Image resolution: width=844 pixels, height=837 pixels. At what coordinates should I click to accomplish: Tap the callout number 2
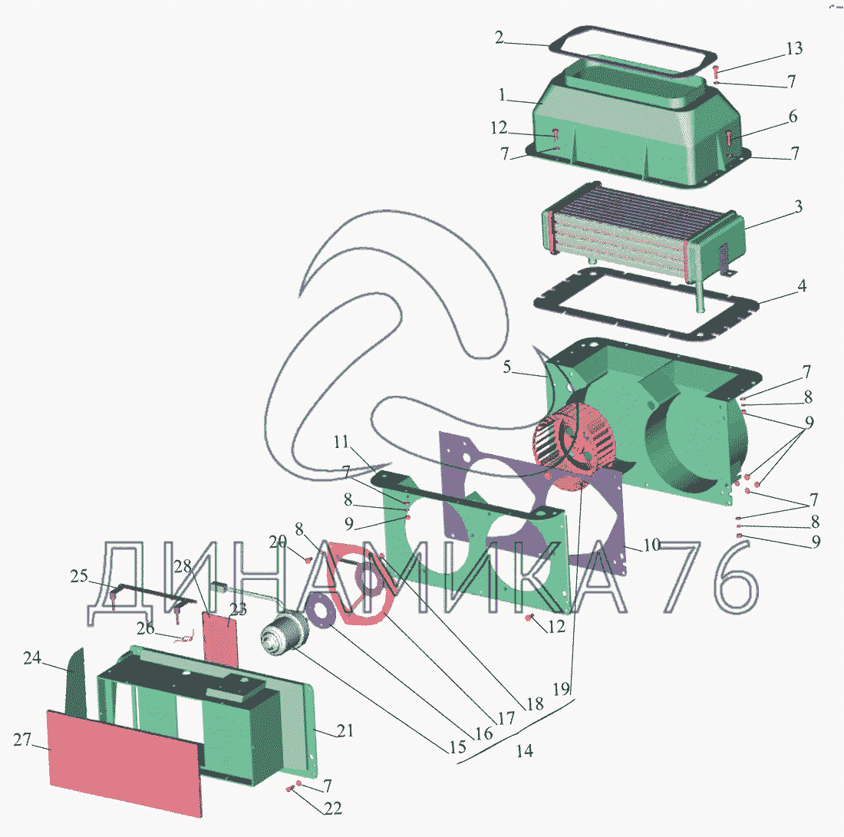tap(499, 38)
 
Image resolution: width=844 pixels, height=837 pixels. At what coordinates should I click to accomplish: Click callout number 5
tap(506, 367)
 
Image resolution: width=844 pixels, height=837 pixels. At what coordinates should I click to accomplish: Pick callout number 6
tap(793, 117)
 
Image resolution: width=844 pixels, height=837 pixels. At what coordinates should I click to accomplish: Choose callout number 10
tap(651, 545)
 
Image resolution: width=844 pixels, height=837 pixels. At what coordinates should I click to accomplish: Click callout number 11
tap(341, 442)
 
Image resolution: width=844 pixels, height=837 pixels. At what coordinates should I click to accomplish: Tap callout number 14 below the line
tap(524, 751)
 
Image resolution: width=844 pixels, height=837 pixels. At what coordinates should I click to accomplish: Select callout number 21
tap(346, 732)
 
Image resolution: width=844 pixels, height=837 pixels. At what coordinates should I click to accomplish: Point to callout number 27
tap(21, 740)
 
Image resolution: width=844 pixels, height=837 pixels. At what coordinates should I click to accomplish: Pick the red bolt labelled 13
tap(716, 74)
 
